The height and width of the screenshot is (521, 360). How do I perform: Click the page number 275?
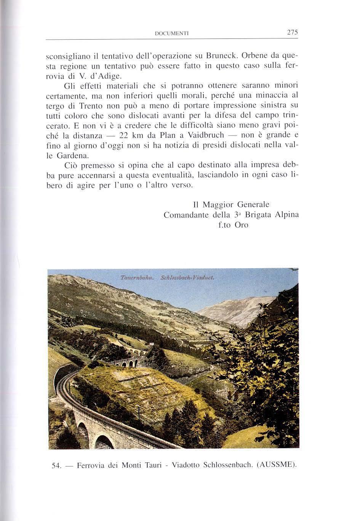[x=292, y=32]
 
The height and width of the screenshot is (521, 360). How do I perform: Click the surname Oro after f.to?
[x=242, y=225]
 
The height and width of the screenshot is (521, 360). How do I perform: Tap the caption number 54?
[x=56, y=465]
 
